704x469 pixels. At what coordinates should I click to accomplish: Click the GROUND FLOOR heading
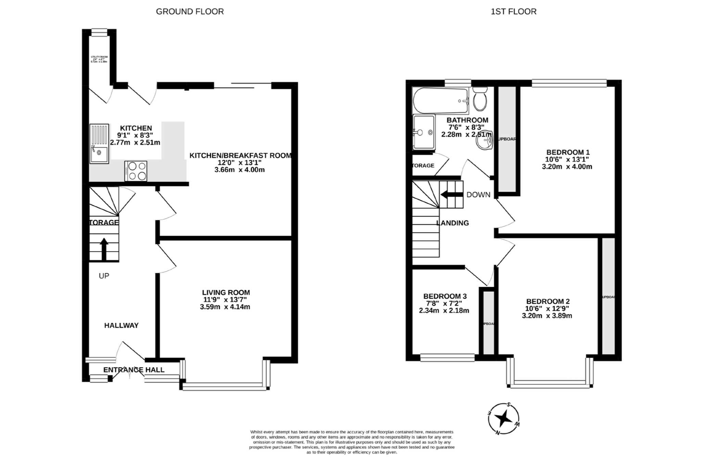coord(190,12)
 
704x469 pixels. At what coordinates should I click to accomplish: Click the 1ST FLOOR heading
coord(513,12)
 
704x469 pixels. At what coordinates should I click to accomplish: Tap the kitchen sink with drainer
coord(99,144)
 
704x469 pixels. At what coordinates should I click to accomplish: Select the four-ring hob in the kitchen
coord(136,171)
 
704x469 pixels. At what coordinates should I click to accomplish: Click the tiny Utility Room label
coord(99,59)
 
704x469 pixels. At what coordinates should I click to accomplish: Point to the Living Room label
coord(226,292)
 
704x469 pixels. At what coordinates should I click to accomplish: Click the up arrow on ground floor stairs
coord(104,249)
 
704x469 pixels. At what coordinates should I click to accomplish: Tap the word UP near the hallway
coord(104,276)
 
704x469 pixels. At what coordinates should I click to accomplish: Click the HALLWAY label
coord(121,325)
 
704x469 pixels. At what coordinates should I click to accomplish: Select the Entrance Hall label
coord(134,370)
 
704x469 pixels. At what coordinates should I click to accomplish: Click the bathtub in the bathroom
coord(440,101)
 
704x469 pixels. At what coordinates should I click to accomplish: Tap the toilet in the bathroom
coord(480,99)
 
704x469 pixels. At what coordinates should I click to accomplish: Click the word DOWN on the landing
coord(478,195)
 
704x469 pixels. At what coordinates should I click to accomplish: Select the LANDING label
coord(452,223)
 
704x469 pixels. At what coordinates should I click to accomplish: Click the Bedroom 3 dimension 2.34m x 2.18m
coord(444,311)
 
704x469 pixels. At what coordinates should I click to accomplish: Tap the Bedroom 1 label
coord(568,152)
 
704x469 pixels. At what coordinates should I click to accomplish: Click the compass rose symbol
coord(503,419)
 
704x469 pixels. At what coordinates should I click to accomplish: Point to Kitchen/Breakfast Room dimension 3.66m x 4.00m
coord(240,170)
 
